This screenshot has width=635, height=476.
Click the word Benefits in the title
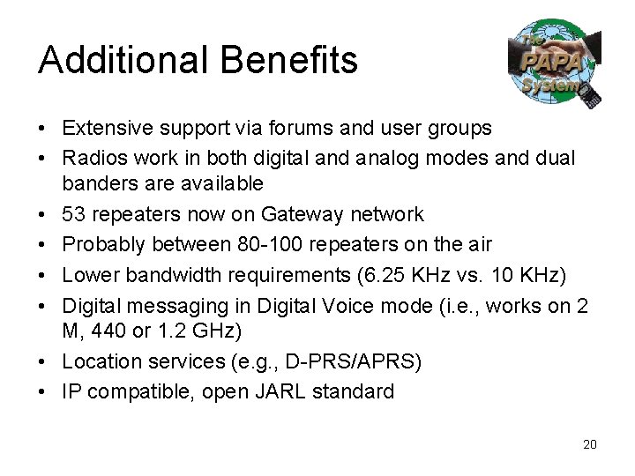(290, 60)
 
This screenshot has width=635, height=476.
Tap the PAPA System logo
(555, 64)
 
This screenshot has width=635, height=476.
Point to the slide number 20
(590, 444)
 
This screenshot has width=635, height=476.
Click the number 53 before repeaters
(74, 214)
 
